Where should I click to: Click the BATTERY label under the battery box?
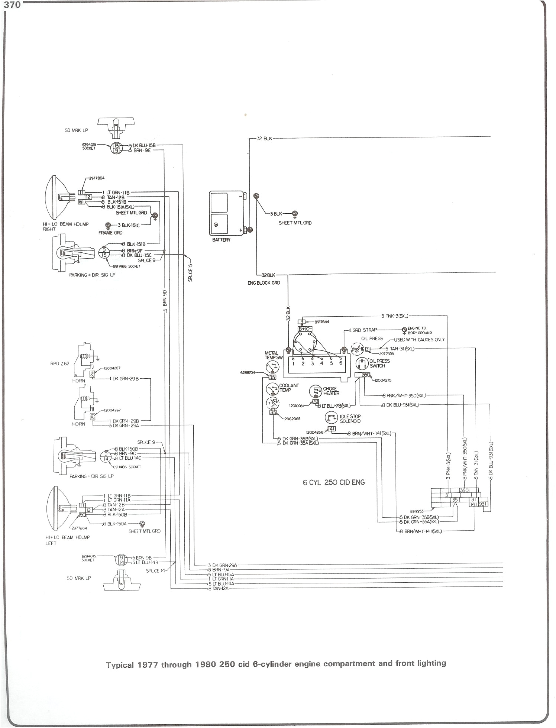coord(222,240)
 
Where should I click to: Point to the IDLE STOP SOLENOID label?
coord(350,419)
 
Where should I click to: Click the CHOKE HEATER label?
coord(331,391)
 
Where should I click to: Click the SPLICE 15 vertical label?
coord(190,273)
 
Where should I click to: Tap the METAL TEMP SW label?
coord(274,355)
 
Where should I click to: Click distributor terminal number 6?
coord(340,363)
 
